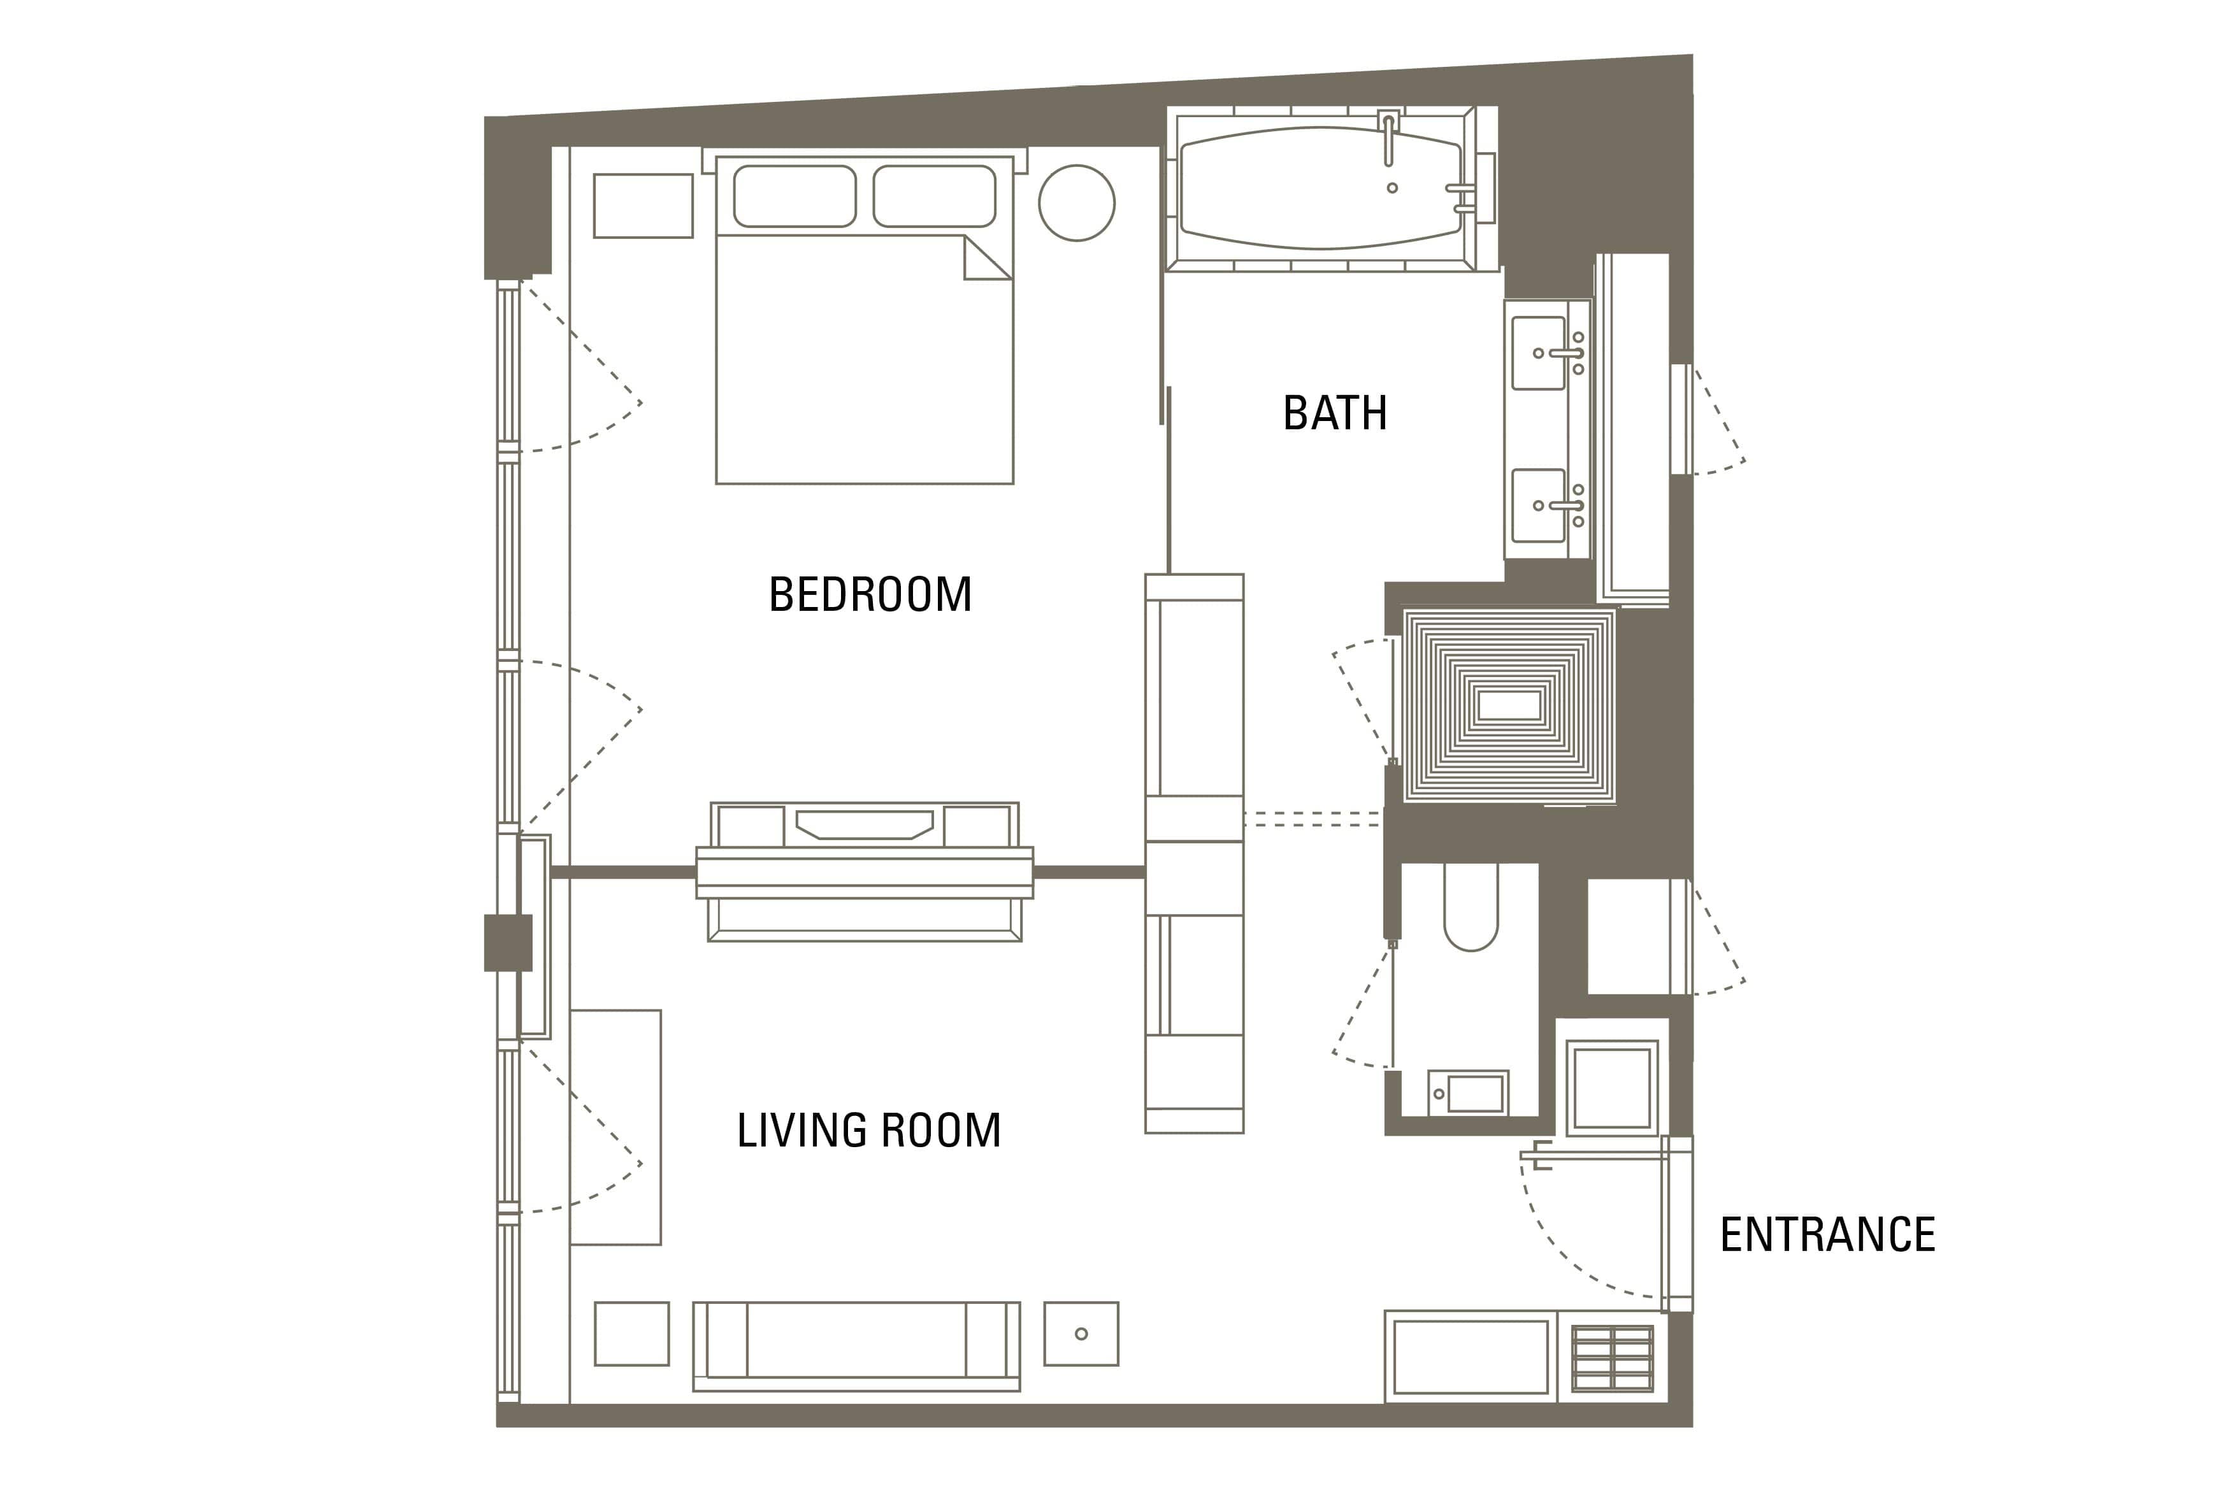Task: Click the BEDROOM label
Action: [870, 594]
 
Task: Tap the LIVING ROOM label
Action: [869, 1130]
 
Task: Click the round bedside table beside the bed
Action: [1077, 203]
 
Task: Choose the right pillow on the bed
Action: [935, 196]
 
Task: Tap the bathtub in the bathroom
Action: [1321, 188]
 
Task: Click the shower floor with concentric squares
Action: [1509, 706]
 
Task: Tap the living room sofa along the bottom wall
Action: [857, 1346]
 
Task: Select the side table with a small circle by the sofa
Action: [1081, 1333]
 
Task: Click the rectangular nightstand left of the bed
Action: [644, 206]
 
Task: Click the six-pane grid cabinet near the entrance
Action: [1612, 1358]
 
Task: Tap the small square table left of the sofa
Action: [632, 1333]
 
